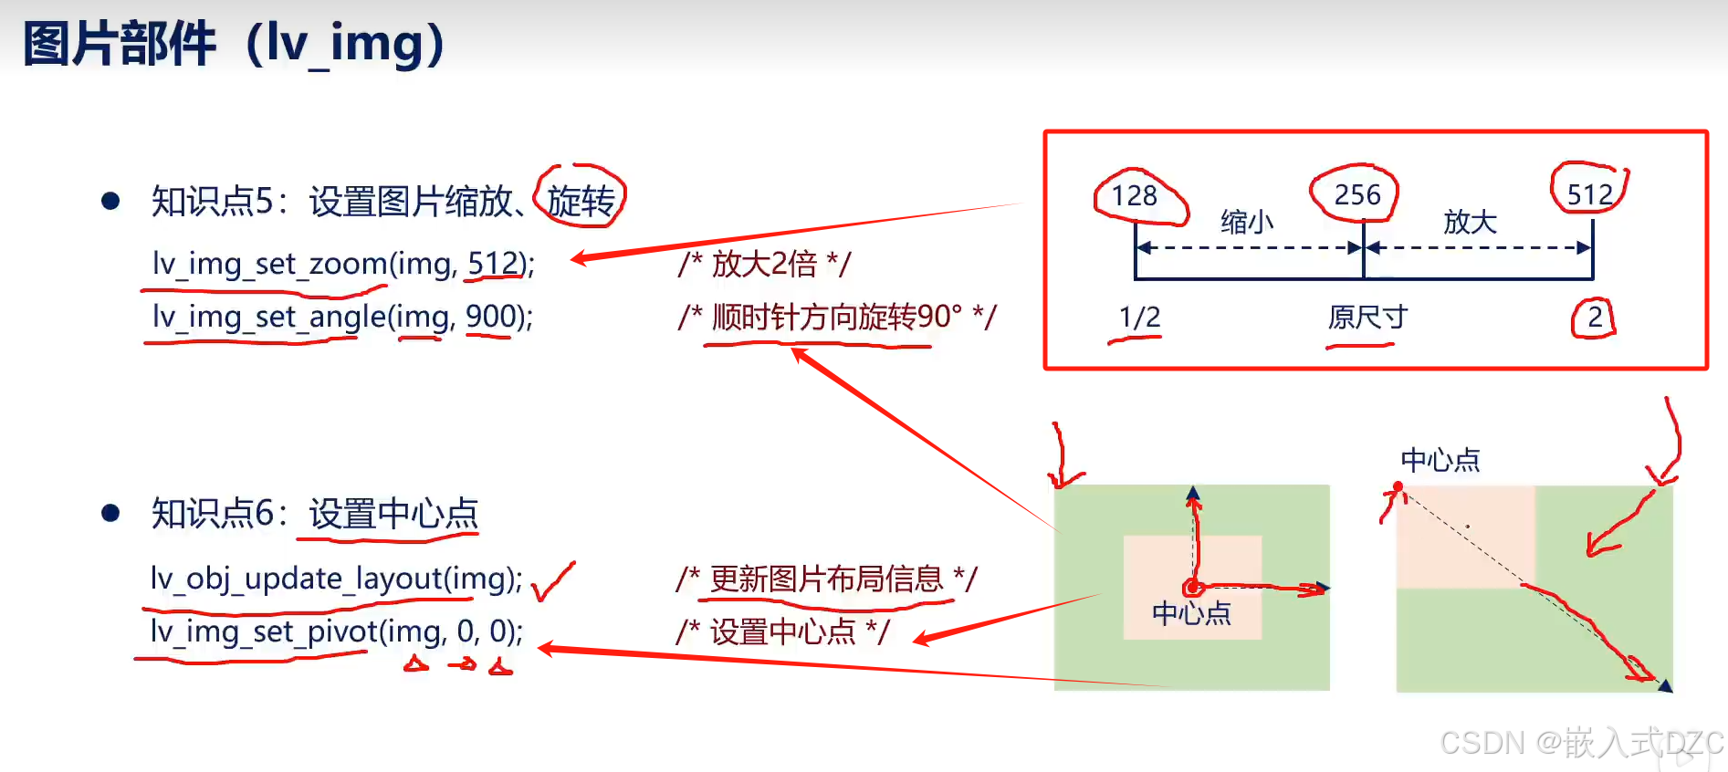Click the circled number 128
1135,196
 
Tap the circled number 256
1356,194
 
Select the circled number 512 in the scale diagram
1589,194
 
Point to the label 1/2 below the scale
1139,318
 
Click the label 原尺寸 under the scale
1367,318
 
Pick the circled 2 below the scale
1594,318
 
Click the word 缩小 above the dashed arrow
1246,222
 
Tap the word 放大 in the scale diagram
1470,222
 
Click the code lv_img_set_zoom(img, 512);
343,264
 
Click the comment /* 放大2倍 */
764,264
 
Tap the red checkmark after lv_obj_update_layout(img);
553,581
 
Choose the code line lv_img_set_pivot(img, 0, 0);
337,631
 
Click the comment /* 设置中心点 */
782,631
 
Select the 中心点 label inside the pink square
1191,613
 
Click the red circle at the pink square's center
1191,588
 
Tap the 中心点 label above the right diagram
1440,460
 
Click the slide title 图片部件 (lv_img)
234,44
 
